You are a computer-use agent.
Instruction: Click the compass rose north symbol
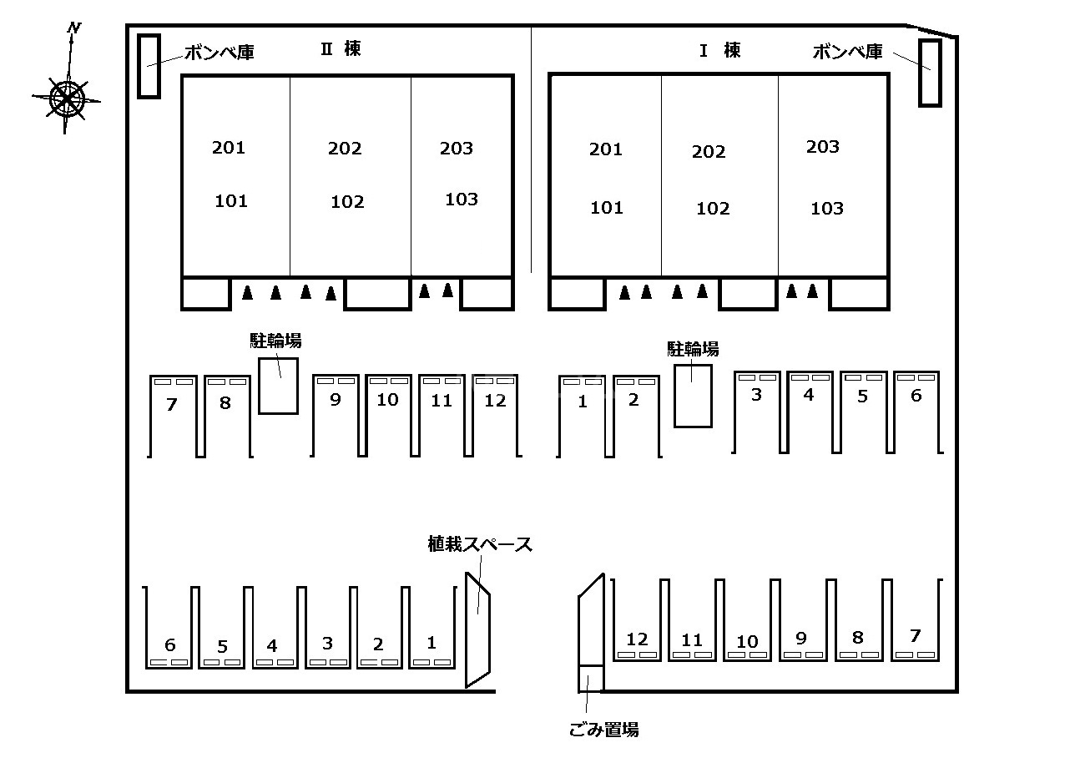pyautogui.click(x=67, y=99)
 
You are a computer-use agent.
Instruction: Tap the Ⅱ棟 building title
pyautogui.click(x=341, y=49)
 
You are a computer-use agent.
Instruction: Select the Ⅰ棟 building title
pyautogui.click(x=719, y=50)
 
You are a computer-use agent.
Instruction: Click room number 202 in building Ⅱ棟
pyautogui.click(x=345, y=149)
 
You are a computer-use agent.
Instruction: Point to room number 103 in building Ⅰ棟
pyautogui.click(x=826, y=209)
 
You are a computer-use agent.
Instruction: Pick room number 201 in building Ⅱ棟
pyautogui.click(x=228, y=148)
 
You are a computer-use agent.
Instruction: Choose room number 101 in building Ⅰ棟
pyautogui.click(x=607, y=208)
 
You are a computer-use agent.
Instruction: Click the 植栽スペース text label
pyautogui.click(x=479, y=545)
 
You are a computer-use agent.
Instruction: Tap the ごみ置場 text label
pyautogui.click(x=603, y=730)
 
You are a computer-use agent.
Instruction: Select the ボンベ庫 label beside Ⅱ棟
pyautogui.click(x=219, y=52)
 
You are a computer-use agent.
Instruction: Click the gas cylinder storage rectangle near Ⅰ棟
pyautogui.click(x=930, y=73)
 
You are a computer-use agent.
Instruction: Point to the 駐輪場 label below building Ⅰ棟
pyautogui.click(x=693, y=349)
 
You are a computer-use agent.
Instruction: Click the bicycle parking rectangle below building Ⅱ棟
pyautogui.click(x=278, y=385)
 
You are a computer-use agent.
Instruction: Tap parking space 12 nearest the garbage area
pyautogui.click(x=637, y=639)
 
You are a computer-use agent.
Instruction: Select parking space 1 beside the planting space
pyautogui.click(x=432, y=643)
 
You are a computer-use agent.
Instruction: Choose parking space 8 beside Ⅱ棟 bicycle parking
pyautogui.click(x=225, y=403)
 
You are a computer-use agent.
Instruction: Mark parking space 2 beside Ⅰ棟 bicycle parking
pyautogui.click(x=633, y=401)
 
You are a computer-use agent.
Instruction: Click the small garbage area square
pyautogui.click(x=590, y=678)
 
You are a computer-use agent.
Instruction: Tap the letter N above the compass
pyautogui.click(x=74, y=28)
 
